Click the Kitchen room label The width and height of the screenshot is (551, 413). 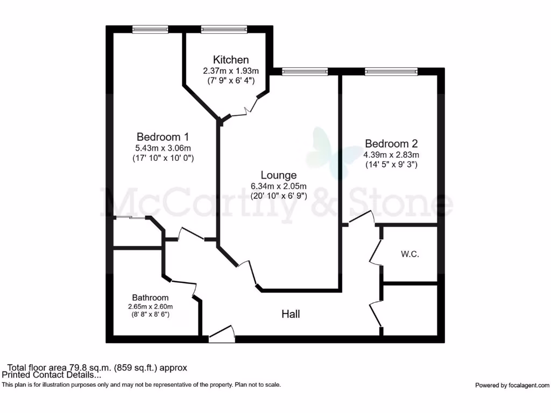point(231,60)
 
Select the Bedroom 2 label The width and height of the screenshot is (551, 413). point(391,144)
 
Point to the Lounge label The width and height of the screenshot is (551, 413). point(279,175)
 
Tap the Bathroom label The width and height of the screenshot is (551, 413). point(151,297)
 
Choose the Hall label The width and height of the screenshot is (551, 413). point(291,314)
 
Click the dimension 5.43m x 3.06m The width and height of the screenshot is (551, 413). point(163,148)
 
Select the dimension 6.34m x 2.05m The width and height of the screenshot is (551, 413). point(279,186)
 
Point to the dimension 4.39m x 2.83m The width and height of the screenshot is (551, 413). point(391,154)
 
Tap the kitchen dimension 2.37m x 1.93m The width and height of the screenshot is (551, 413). point(231,70)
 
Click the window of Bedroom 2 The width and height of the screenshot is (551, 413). point(391,72)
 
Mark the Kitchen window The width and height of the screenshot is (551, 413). point(224,30)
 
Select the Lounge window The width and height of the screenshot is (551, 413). point(305,72)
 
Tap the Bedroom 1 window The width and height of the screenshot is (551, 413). point(151,30)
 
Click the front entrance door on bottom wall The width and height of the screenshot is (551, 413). point(222,334)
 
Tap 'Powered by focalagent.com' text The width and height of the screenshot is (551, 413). point(512,385)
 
